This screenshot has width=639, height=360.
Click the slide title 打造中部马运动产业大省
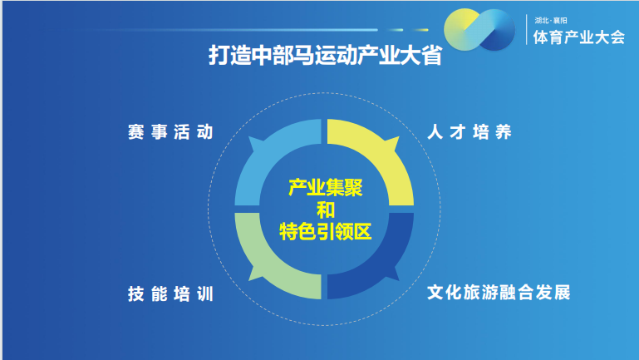click(x=325, y=55)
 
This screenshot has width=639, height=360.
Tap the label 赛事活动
click(x=170, y=132)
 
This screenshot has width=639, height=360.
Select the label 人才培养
click(x=469, y=132)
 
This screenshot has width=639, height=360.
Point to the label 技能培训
click(x=170, y=293)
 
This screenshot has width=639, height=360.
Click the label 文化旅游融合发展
click(x=499, y=293)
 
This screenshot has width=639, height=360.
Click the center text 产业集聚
click(x=325, y=188)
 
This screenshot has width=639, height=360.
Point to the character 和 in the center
click(x=325, y=210)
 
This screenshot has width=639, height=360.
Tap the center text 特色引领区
click(x=325, y=233)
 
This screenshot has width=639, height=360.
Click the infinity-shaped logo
click(x=479, y=30)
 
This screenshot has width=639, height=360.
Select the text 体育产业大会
click(x=578, y=37)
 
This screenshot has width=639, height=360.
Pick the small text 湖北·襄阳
click(x=551, y=21)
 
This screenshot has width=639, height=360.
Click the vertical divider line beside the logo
click(x=527, y=29)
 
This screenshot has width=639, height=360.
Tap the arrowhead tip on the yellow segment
click(x=399, y=137)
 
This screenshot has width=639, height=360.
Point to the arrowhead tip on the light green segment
click(x=248, y=281)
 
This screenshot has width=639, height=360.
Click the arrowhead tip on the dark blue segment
click(x=399, y=281)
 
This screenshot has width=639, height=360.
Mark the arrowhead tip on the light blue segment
click(x=248, y=137)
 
